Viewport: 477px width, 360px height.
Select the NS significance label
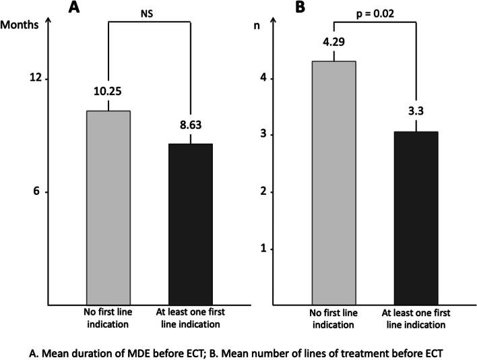point(147,11)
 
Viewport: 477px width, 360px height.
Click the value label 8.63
point(190,125)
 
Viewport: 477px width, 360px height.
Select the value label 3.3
point(416,105)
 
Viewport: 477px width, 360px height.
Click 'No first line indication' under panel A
point(108,318)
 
